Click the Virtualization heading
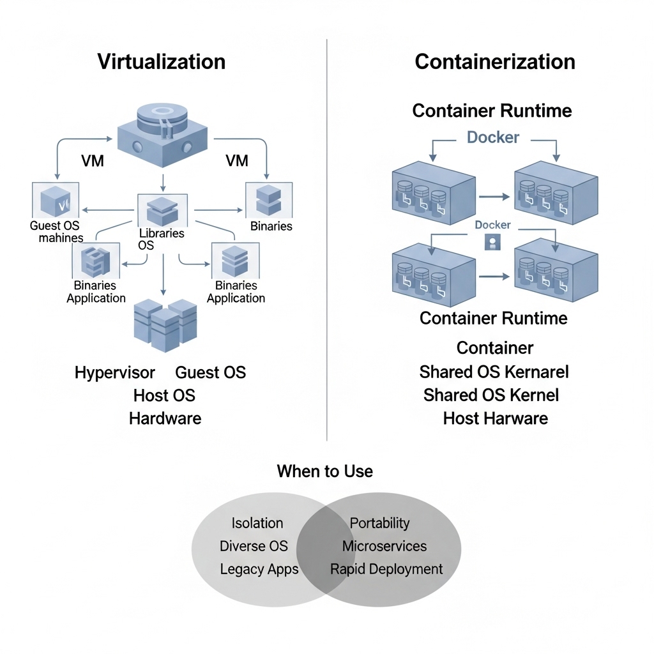[161, 62]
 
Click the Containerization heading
[494, 62]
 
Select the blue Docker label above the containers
[493, 137]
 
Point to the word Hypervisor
[114, 372]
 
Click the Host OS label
[164, 395]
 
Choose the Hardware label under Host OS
[165, 418]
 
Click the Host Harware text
[495, 418]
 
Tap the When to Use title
[324, 471]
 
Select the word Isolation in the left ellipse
[257, 523]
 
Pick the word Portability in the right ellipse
[379, 523]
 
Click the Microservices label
[384, 546]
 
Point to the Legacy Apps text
[259, 569]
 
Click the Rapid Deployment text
[386, 569]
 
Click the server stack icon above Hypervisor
[165, 326]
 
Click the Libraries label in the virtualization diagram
[162, 234]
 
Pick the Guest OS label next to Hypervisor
[210, 372]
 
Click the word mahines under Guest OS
[61, 238]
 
